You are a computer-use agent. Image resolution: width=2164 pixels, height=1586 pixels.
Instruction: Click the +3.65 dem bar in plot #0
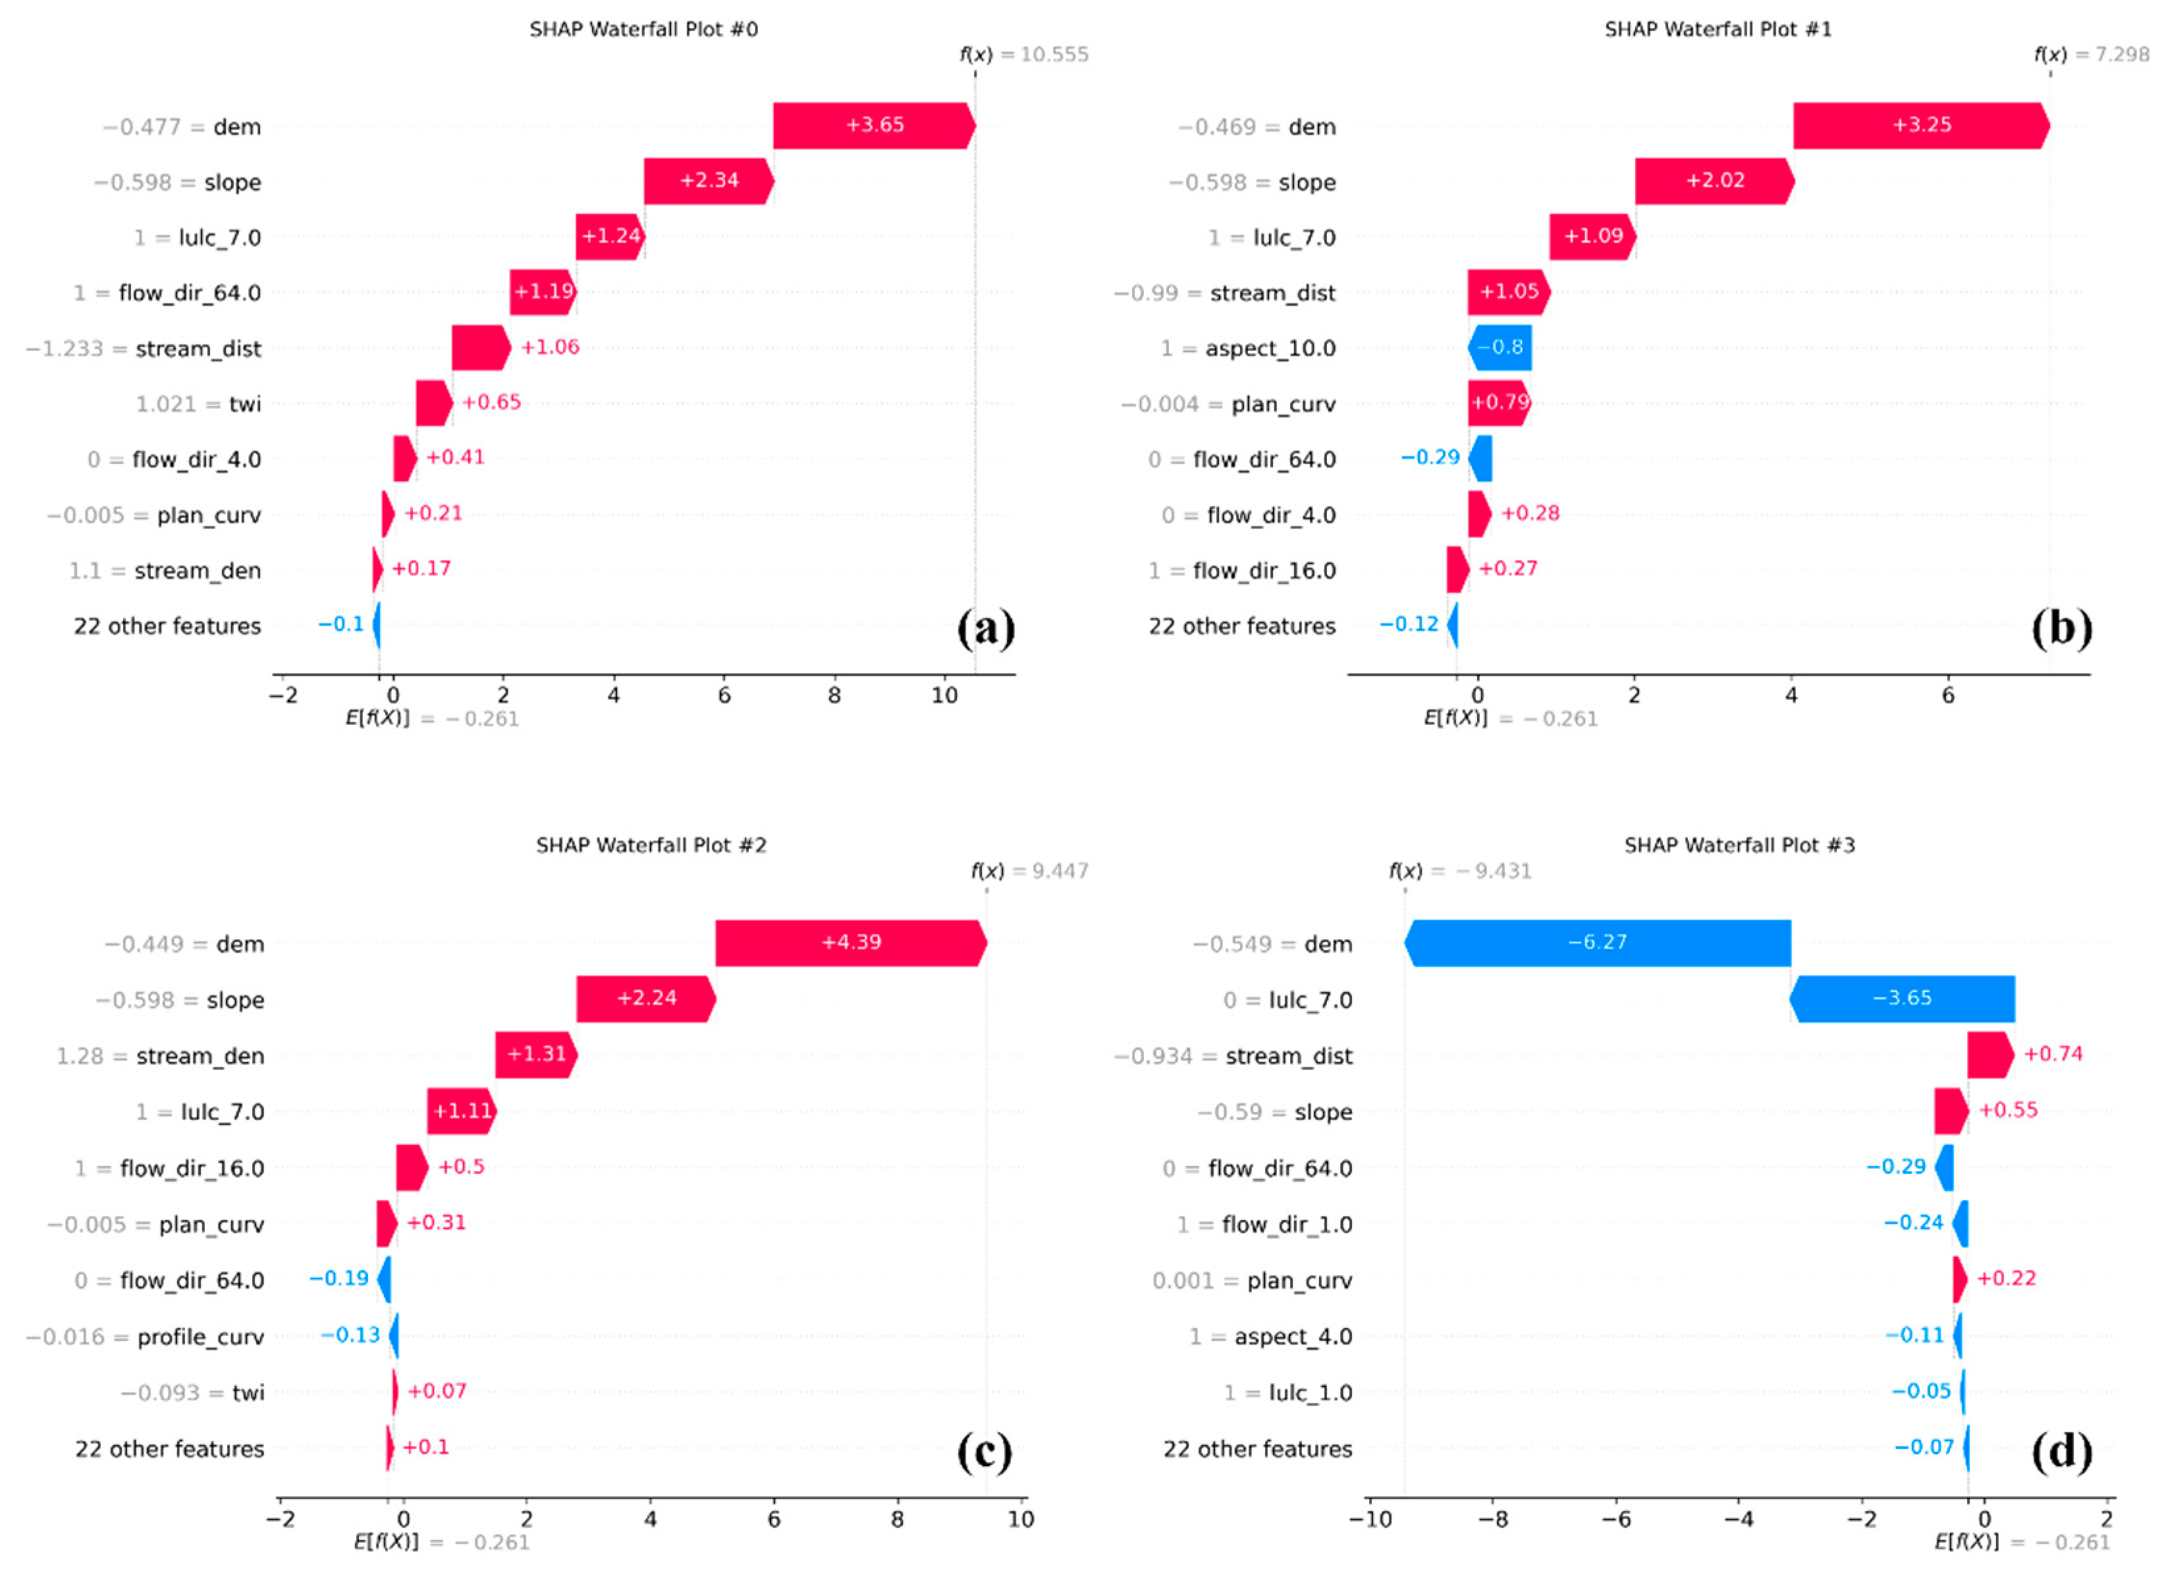(x=874, y=126)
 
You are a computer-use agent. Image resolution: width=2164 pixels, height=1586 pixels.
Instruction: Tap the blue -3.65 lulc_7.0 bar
(x=1901, y=999)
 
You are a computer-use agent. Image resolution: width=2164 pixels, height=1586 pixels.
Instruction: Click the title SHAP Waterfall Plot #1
(x=1718, y=30)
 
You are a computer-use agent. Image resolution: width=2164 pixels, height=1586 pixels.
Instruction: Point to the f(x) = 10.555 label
(x=1023, y=55)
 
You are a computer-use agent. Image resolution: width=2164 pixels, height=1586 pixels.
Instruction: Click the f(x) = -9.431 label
(x=1459, y=872)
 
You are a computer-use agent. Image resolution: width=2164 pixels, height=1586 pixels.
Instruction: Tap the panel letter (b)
(x=2061, y=628)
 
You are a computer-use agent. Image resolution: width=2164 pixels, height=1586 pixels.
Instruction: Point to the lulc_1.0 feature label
(x=1310, y=1392)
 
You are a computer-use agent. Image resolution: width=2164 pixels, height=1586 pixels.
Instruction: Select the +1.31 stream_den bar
(x=535, y=1054)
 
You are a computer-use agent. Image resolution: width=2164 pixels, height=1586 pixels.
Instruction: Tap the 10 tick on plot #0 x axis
(x=944, y=696)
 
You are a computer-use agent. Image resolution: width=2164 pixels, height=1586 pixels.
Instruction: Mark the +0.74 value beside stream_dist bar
(x=2053, y=1054)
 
